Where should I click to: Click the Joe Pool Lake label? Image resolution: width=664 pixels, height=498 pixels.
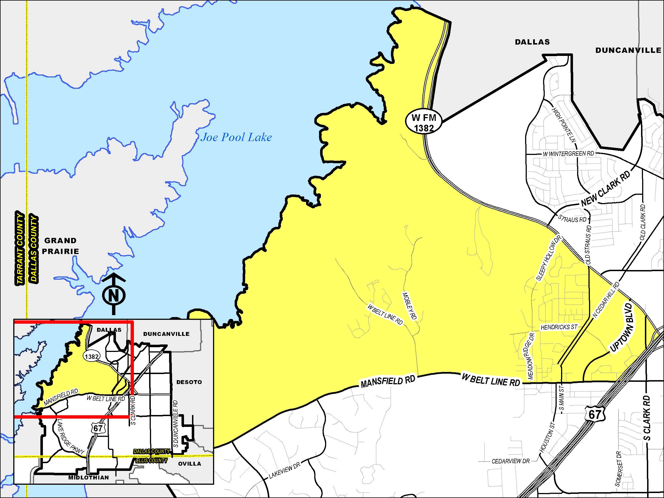[236, 138]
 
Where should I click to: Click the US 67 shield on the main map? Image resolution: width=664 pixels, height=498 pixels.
[594, 414]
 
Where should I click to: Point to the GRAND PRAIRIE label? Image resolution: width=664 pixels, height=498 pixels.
[60, 246]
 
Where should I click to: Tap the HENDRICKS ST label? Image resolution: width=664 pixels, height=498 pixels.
[559, 327]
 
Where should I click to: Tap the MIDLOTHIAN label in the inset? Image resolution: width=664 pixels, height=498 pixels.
[89, 477]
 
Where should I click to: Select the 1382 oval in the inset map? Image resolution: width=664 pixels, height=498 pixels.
[92, 357]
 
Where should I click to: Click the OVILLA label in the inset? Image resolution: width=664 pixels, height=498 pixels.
[190, 464]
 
